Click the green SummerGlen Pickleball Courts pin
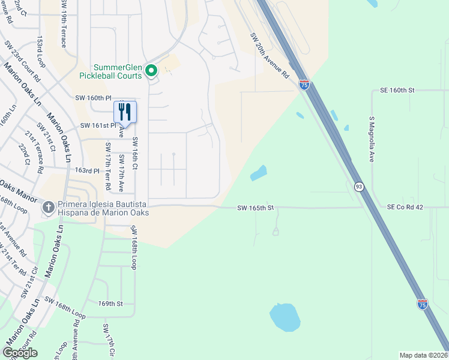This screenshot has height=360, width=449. (x=151, y=71)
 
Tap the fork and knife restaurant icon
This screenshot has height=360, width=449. (x=125, y=112)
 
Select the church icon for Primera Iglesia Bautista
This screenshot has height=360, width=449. (x=49, y=207)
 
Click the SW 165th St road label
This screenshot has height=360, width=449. (x=255, y=208)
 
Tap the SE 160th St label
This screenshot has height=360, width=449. (x=397, y=90)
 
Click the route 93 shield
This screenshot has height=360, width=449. (x=358, y=187)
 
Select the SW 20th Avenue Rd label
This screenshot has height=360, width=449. (x=270, y=56)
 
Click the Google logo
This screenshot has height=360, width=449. (x=20, y=352)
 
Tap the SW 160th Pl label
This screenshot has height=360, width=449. (x=94, y=97)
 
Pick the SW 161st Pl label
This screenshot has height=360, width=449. (x=98, y=125)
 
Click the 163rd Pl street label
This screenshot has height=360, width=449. (x=86, y=171)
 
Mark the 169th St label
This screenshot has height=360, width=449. (x=110, y=304)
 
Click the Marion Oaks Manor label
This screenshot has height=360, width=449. (x=19, y=188)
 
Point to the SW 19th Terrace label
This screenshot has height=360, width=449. (x=63, y=24)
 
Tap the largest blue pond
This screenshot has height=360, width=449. (x=285, y=317)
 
